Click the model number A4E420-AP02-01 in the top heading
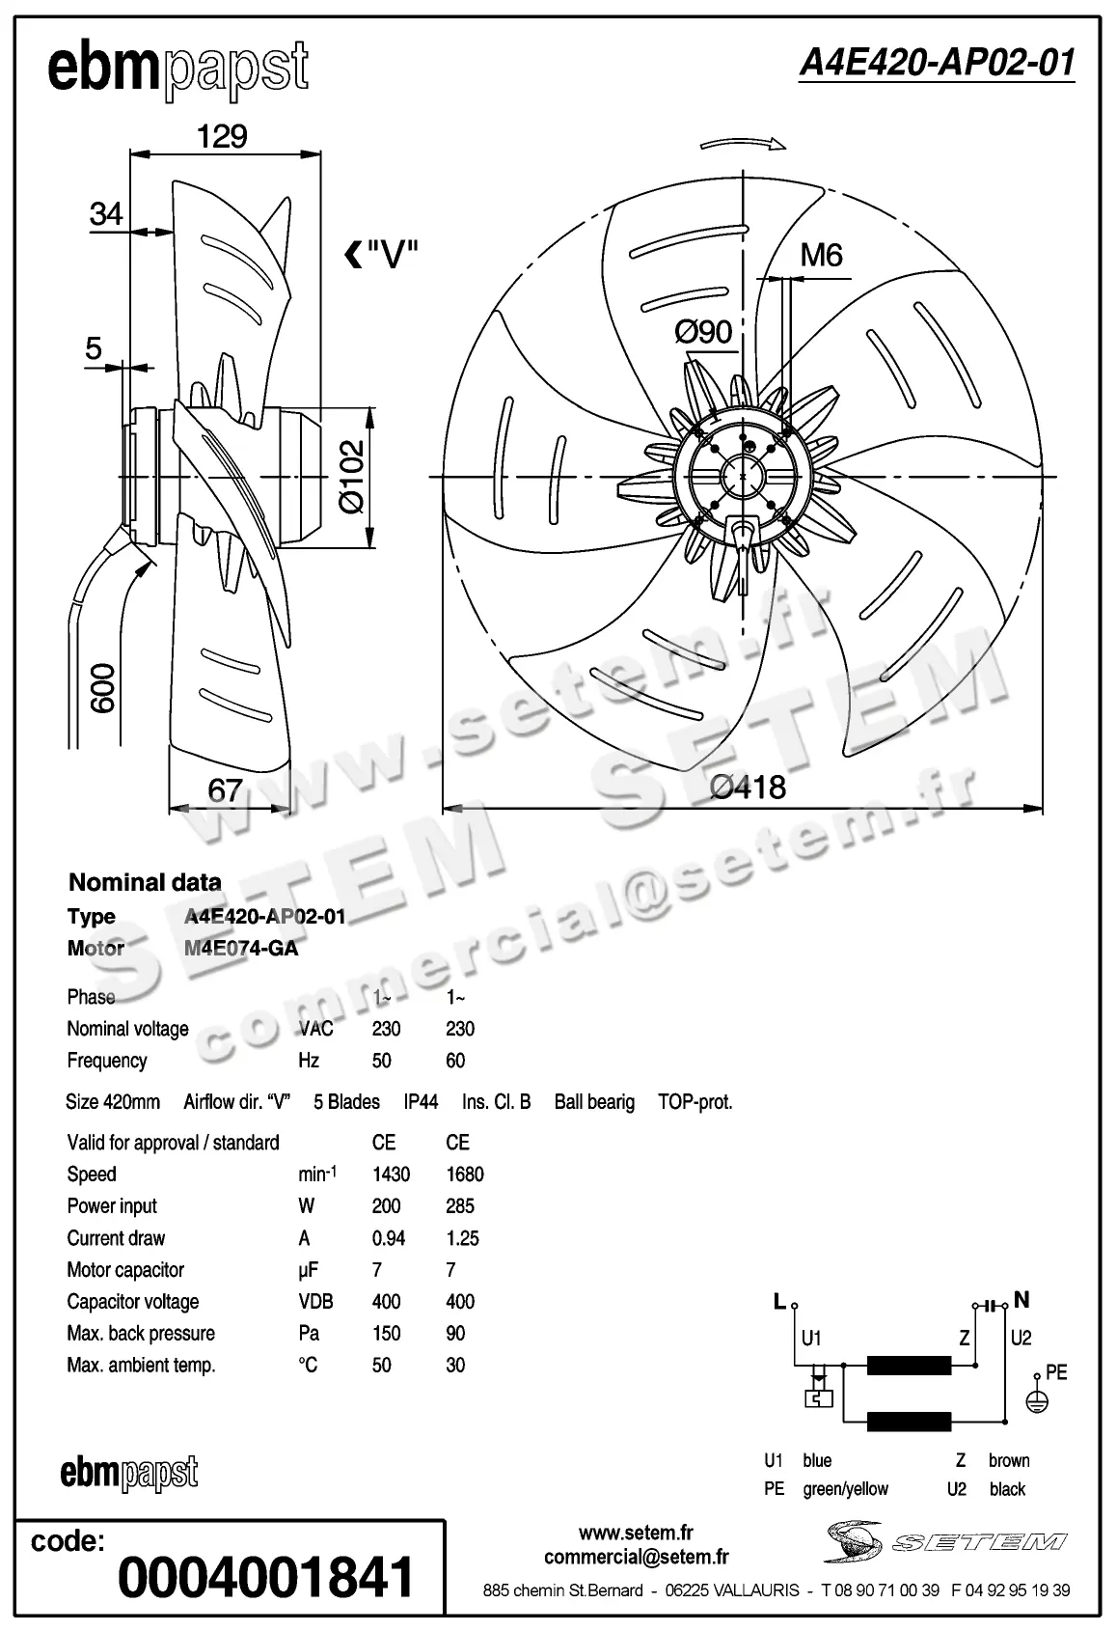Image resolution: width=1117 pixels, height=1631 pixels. pyautogui.click(x=936, y=63)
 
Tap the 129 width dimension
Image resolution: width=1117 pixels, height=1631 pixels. pyautogui.click(x=223, y=136)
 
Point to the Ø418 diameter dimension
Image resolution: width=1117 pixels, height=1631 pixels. pyautogui.click(x=748, y=788)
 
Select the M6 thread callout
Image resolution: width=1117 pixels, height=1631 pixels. pyautogui.click(x=822, y=255)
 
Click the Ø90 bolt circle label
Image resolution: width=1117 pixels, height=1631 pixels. pyautogui.click(x=703, y=332)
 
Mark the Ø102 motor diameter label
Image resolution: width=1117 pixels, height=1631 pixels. pyautogui.click(x=352, y=476)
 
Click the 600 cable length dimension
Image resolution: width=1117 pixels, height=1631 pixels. pyautogui.click(x=102, y=687)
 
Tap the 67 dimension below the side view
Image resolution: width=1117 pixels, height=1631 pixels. pyautogui.click(x=225, y=790)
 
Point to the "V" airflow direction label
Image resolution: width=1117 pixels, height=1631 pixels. pyautogui.click(x=383, y=255)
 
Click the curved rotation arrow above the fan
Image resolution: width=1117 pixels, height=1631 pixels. pyautogui.click(x=743, y=145)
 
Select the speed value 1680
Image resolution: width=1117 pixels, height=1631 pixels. pyautogui.click(x=464, y=1175)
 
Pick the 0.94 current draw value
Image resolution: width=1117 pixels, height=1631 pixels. pyautogui.click(x=388, y=1238)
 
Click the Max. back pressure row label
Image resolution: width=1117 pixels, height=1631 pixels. pyautogui.click(x=141, y=1334)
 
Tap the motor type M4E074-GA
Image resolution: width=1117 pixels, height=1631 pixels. pyautogui.click(x=241, y=949)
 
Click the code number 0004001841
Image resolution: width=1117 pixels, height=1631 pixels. pyautogui.click(x=265, y=1576)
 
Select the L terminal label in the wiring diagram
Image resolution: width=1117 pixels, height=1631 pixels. pyautogui.click(x=779, y=1302)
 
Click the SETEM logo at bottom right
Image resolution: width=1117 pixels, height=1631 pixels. pyautogui.click(x=945, y=1541)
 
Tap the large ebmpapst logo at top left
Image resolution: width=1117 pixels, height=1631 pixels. pyautogui.click(x=178, y=69)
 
